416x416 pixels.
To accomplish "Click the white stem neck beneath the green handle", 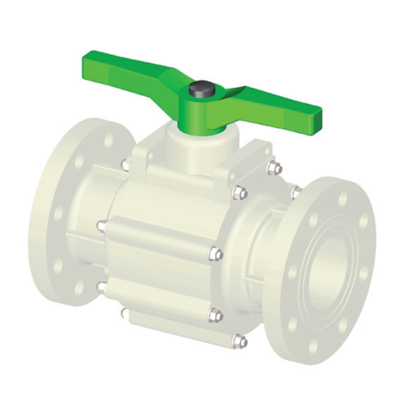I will click(x=186, y=146).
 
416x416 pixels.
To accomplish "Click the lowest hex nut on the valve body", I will click(x=239, y=340).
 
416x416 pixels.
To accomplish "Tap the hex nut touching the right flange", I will click(x=296, y=192).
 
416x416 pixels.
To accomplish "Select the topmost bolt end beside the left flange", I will click(x=125, y=164).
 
